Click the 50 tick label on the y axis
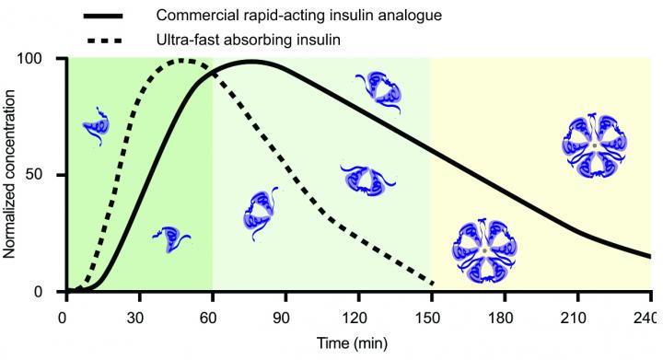tap(42, 175)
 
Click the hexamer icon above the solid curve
tap(595, 145)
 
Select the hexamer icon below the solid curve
tap(484, 250)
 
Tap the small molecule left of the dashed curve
tap(96, 129)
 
